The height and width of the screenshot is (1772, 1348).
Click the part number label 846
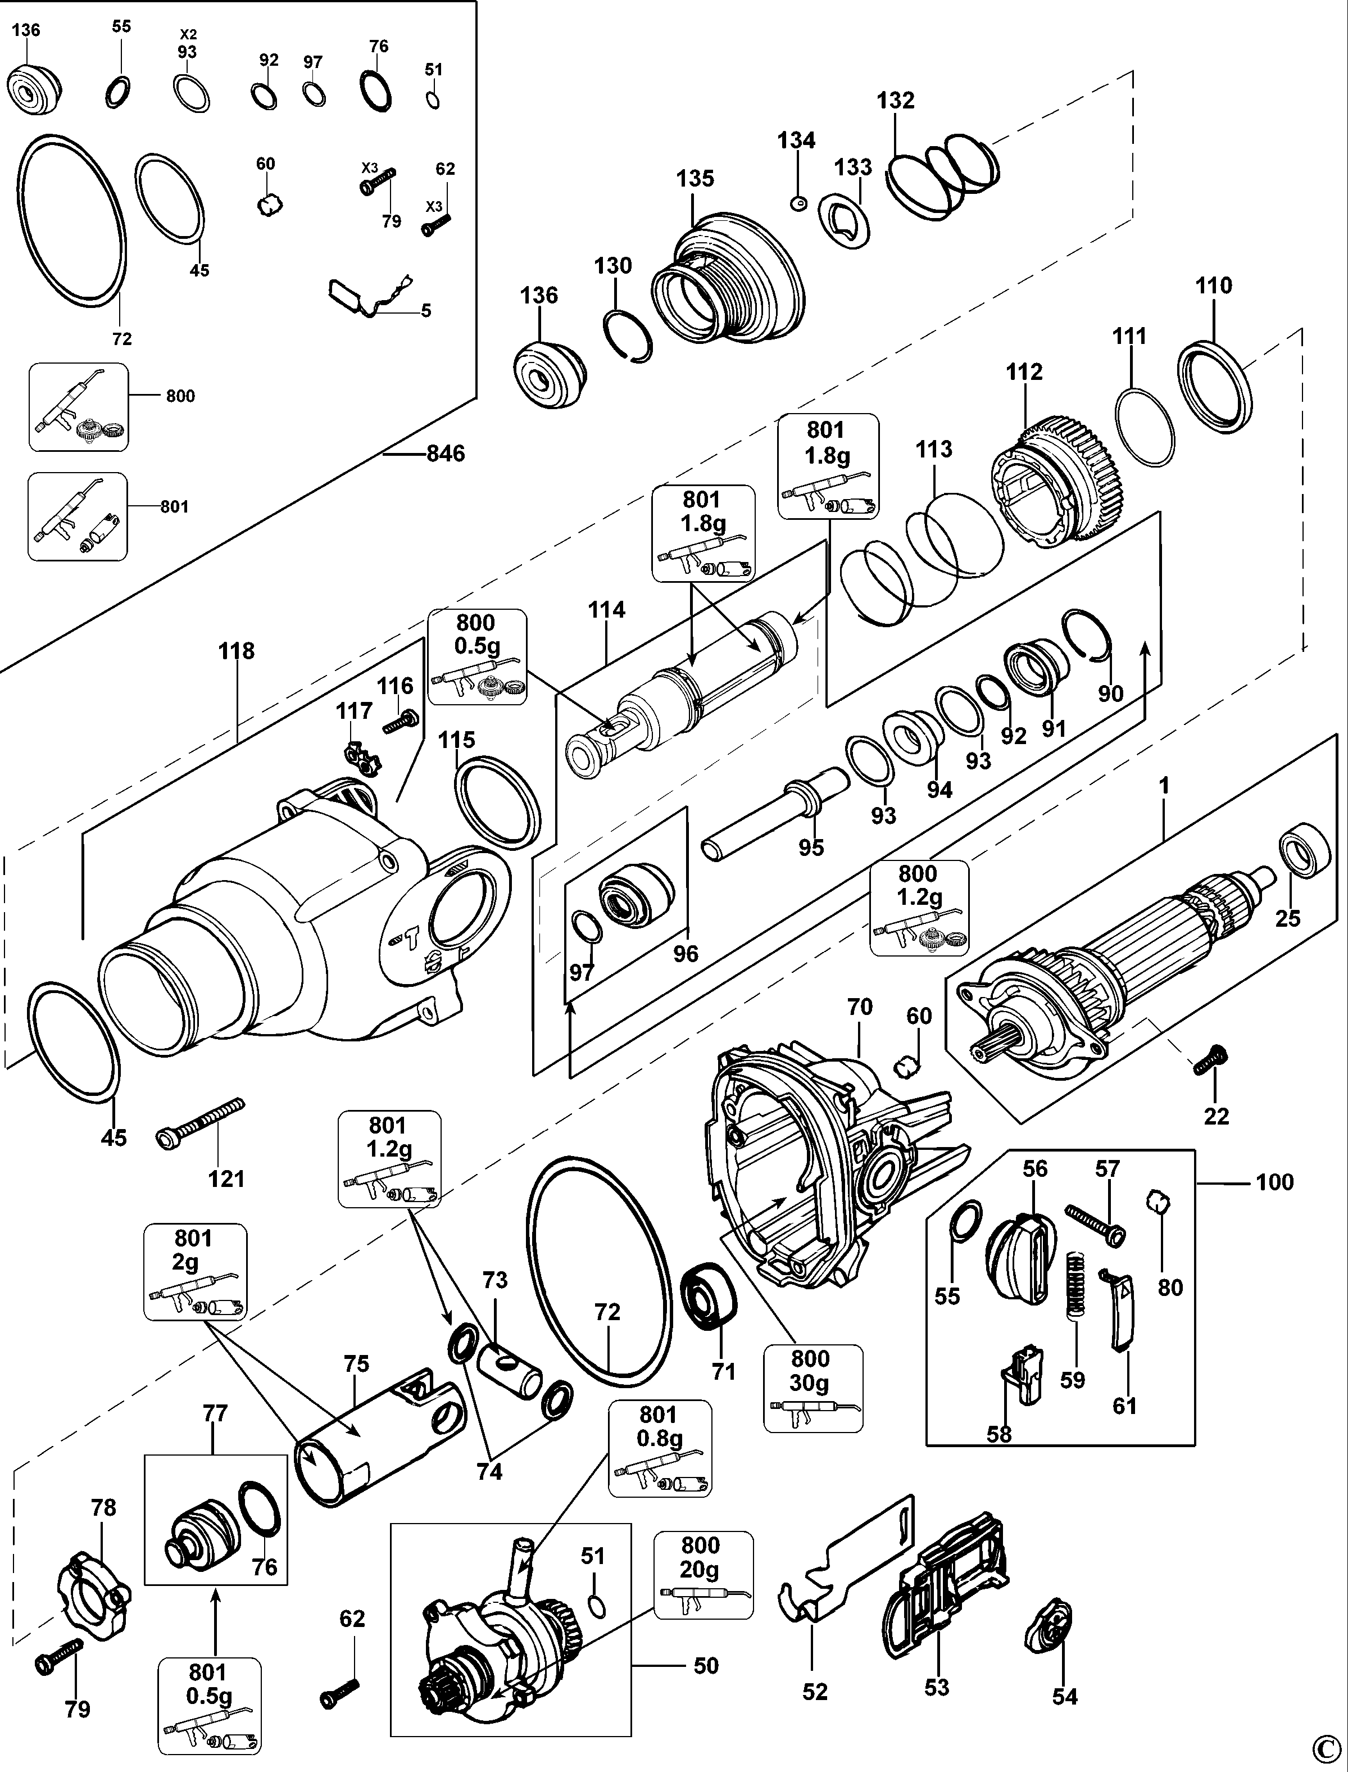pos(446,454)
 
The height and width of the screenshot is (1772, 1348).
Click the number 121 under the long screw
pos(226,1179)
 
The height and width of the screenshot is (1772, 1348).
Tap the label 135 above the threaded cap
pos(695,179)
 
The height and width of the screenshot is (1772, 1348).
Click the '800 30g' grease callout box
pos(813,1388)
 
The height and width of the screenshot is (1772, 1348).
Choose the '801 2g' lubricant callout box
pos(195,1272)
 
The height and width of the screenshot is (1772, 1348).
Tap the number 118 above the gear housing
pos(236,650)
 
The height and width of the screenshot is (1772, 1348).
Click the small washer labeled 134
pos(797,204)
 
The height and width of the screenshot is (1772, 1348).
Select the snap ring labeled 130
pos(628,336)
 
